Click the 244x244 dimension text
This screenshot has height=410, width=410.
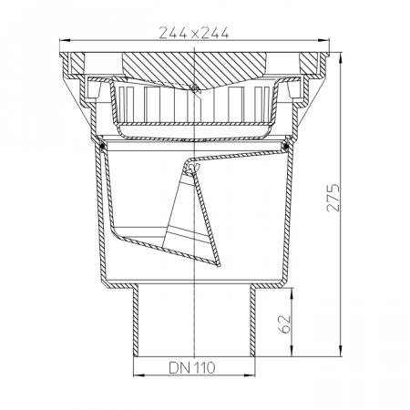(x=194, y=33)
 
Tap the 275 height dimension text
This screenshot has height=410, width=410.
(x=333, y=197)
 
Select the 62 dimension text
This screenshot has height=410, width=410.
(x=285, y=324)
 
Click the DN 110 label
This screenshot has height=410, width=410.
(x=192, y=368)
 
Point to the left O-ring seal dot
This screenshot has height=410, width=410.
(x=103, y=147)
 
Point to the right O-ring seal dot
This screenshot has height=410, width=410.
(x=285, y=147)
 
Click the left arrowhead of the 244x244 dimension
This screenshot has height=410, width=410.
(x=65, y=40)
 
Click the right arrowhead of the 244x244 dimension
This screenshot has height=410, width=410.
(x=323, y=40)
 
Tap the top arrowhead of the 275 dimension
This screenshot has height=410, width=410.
(x=341, y=57)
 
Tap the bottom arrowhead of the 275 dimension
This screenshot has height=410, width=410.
(x=341, y=351)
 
